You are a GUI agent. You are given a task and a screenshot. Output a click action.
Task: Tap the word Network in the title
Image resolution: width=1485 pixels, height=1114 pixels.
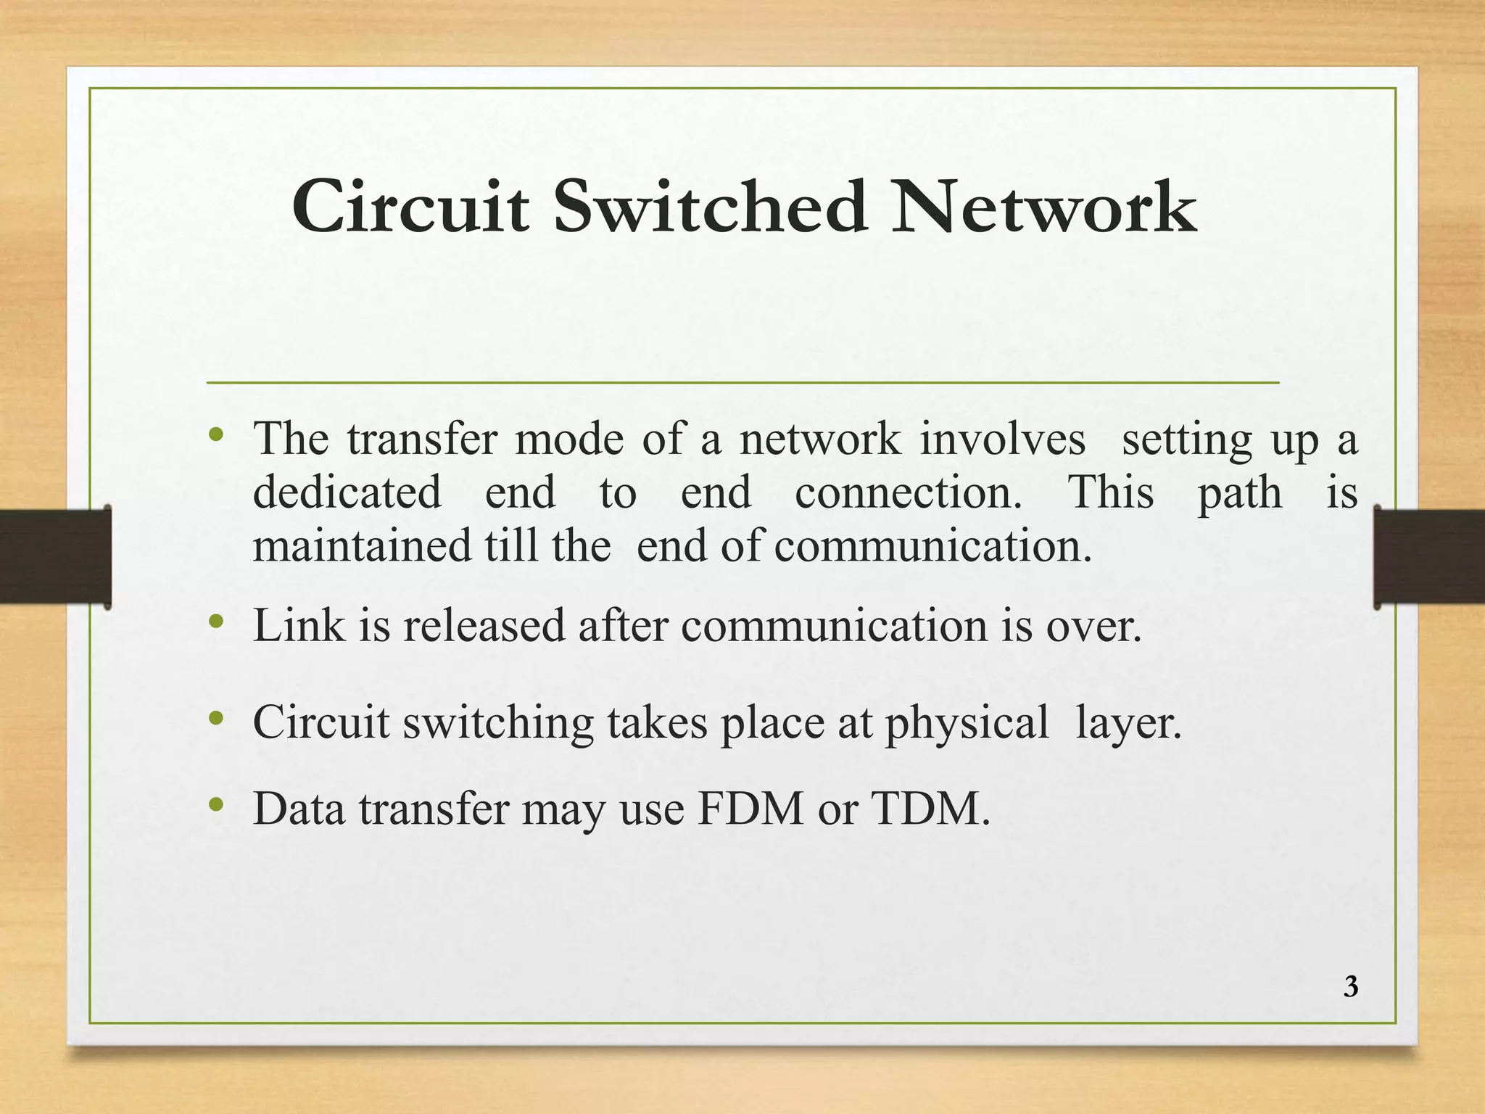pyautogui.click(x=1043, y=207)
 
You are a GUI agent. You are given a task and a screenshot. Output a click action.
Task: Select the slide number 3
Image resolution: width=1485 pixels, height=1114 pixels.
pyautogui.click(x=1350, y=987)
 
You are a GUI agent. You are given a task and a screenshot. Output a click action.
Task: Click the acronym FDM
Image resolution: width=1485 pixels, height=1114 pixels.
pyautogui.click(x=750, y=809)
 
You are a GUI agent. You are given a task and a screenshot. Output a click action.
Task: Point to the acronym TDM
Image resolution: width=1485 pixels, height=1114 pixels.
pyautogui.click(x=930, y=809)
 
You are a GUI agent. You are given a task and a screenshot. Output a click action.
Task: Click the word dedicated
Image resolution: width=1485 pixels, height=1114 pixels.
pyautogui.click(x=347, y=492)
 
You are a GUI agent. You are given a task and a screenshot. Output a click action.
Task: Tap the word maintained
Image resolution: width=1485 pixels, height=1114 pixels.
pyautogui.click(x=362, y=545)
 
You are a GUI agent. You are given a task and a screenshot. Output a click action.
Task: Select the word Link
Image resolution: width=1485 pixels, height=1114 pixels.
pyautogui.click(x=299, y=625)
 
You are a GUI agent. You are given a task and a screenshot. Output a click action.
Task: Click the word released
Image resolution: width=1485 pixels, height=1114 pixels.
pyautogui.click(x=484, y=625)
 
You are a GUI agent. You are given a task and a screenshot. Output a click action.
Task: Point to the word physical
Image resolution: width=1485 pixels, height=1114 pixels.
pyautogui.click(x=967, y=724)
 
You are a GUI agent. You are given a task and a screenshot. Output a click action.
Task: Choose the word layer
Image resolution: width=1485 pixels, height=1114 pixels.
pyautogui.click(x=1128, y=724)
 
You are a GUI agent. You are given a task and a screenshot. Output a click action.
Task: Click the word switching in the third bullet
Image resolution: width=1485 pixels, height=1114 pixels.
pyautogui.click(x=498, y=724)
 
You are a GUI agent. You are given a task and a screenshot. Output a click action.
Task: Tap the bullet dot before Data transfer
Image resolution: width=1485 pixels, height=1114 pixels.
pyautogui.click(x=215, y=804)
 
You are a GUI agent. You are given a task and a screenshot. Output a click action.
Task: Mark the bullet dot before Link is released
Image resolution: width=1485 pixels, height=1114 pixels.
pyautogui.click(x=215, y=621)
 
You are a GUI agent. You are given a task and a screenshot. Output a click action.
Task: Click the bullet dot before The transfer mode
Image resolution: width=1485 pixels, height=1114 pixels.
pyautogui.click(x=215, y=435)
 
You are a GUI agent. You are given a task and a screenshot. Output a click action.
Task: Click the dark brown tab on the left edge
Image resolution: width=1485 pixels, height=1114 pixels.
pyautogui.click(x=55, y=556)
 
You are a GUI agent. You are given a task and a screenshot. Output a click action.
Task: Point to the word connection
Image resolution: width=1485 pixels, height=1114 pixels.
pyautogui.click(x=908, y=492)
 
